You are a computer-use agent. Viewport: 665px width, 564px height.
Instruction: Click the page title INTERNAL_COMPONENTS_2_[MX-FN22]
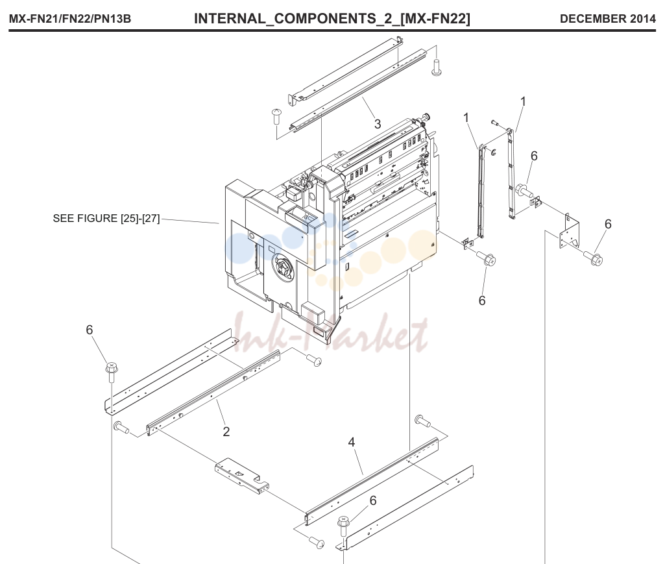pyautogui.click(x=332, y=19)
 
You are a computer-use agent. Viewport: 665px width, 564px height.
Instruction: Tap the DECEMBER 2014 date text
pyautogui.click(x=607, y=19)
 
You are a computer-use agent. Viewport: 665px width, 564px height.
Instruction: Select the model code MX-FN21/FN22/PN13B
pyautogui.click(x=70, y=19)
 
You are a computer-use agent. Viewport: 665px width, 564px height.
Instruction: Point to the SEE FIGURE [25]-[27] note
pyautogui.click(x=106, y=219)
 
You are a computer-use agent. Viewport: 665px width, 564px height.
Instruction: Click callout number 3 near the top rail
pyautogui.click(x=378, y=124)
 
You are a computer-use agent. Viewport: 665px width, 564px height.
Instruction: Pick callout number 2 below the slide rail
pyautogui.click(x=226, y=432)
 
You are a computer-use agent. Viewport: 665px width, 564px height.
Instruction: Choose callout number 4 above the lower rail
pyautogui.click(x=351, y=442)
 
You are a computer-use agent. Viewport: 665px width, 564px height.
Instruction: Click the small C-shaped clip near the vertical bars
pyautogui.click(x=493, y=152)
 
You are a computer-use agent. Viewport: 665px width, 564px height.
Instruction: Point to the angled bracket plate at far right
pyautogui.click(x=569, y=233)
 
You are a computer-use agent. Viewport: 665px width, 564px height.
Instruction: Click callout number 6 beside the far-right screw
pyautogui.click(x=608, y=224)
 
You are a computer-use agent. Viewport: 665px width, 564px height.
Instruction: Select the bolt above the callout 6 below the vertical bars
pyautogui.click(x=486, y=258)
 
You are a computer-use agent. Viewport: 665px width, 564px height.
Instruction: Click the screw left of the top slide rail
pyautogui.click(x=276, y=116)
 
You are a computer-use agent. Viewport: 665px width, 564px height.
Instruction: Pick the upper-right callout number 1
pyautogui.click(x=523, y=102)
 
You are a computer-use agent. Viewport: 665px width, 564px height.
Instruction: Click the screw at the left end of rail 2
pyautogui.click(x=121, y=427)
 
